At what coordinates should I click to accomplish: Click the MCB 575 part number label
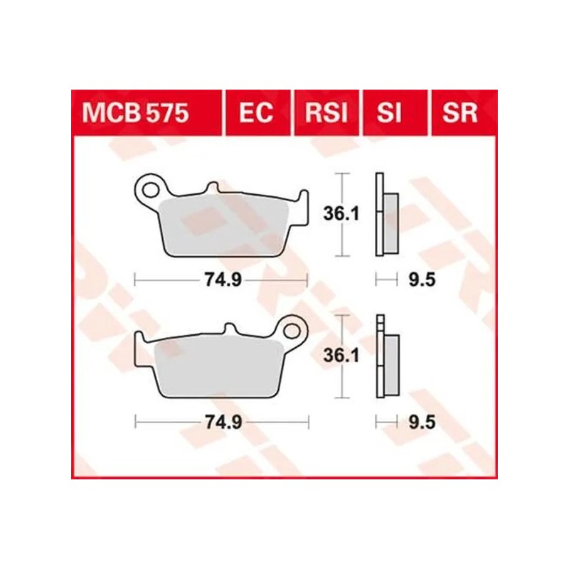click(x=136, y=112)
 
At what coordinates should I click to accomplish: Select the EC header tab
click(x=256, y=112)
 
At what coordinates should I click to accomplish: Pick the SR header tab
click(x=459, y=112)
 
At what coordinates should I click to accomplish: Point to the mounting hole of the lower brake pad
click(x=292, y=330)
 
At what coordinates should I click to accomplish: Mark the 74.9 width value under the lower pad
click(x=221, y=422)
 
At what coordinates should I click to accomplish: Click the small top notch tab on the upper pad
click(x=211, y=187)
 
